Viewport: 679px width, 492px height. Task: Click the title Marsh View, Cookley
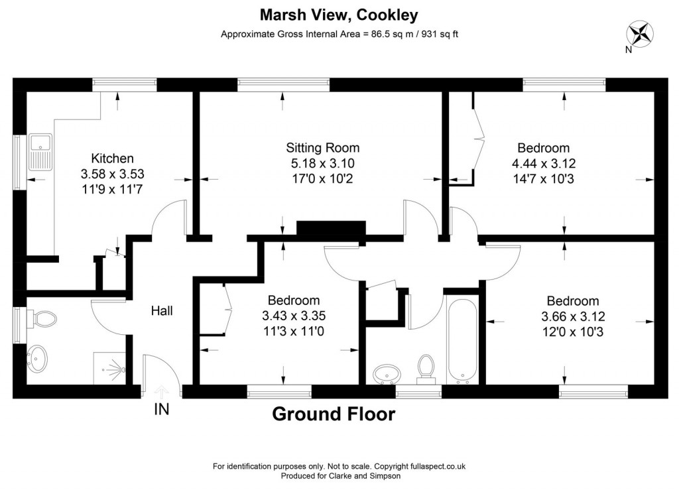tap(339, 14)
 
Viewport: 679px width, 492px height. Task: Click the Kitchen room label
tap(112, 158)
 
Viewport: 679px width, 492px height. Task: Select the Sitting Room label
tap(322, 147)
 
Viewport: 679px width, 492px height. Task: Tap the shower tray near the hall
tap(111, 367)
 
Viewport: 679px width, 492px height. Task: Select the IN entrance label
tap(161, 410)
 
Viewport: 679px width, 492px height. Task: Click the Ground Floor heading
tap(334, 414)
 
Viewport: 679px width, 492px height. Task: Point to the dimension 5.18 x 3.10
tap(322, 162)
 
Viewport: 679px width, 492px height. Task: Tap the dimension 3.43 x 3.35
tap(294, 316)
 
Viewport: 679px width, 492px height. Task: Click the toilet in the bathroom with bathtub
tap(425, 369)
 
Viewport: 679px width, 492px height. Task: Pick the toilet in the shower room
tap(44, 320)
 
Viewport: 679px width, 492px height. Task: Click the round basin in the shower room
tap(37, 360)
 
